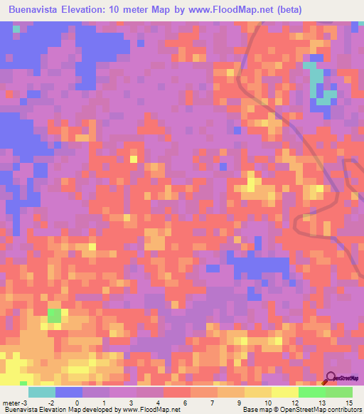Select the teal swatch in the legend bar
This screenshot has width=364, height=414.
point(42,392)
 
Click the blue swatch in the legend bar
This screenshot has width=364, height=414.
point(69,392)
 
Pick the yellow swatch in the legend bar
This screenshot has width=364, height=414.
point(285,392)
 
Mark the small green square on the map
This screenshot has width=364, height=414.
point(54,315)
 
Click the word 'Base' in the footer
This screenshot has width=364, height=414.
point(250,410)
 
